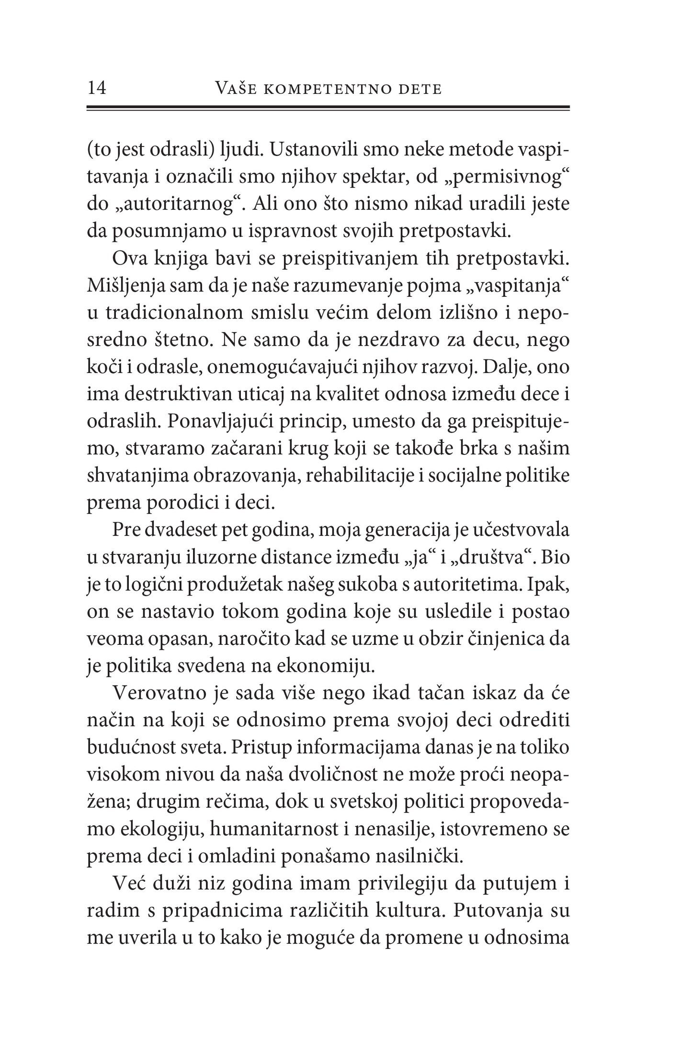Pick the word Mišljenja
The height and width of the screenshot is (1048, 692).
click(x=122, y=286)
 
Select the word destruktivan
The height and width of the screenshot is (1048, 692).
click(x=176, y=395)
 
